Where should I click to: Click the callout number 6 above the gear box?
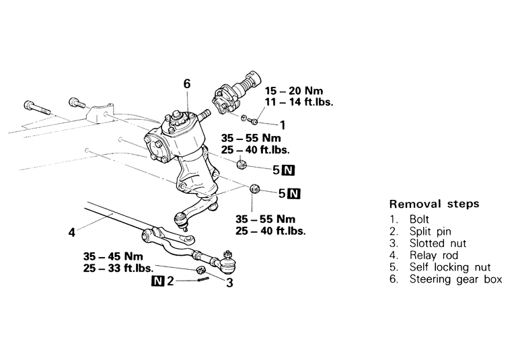point(187,84)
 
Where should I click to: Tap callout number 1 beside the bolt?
point(283,124)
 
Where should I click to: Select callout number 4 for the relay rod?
point(71,233)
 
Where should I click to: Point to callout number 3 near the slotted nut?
point(229,283)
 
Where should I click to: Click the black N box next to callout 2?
point(157,281)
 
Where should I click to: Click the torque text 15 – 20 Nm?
point(298,90)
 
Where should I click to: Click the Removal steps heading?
point(434,204)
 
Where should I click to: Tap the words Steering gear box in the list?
point(455,279)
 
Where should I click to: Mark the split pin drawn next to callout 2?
point(200,281)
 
